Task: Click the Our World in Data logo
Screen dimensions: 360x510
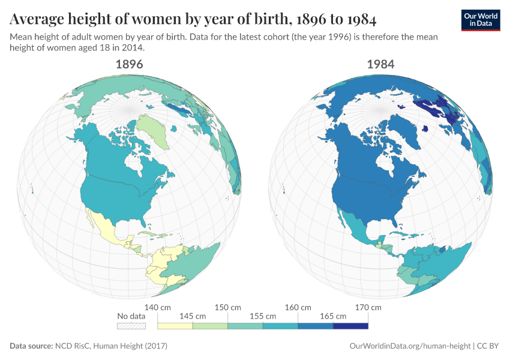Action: click(x=481, y=20)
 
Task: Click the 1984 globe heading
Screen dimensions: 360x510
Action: click(x=380, y=64)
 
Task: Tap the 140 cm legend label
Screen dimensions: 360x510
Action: click(x=158, y=307)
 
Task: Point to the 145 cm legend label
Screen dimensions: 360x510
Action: click(x=193, y=316)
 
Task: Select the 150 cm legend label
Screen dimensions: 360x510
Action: click(x=228, y=307)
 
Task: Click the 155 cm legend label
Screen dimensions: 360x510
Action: click(x=263, y=316)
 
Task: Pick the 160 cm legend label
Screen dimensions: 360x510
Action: click(x=298, y=307)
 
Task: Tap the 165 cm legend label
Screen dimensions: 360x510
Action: click(x=333, y=316)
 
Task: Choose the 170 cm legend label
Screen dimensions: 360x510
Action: click(x=368, y=307)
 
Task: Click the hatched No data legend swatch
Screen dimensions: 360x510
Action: click(x=131, y=326)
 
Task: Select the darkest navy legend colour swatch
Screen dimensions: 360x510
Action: click(x=350, y=326)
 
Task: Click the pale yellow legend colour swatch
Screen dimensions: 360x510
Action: click(x=175, y=326)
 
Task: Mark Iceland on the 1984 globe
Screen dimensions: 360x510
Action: click(x=425, y=128)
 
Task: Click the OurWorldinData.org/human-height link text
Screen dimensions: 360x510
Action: click(x=410, y=346)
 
